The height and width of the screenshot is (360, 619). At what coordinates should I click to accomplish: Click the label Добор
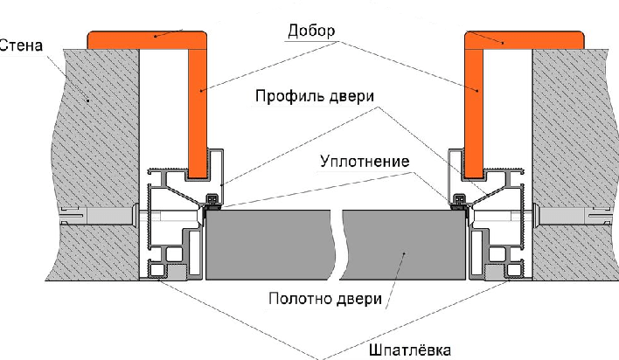(x=311, y=31)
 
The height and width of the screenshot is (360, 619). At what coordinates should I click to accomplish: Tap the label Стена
(x=21, y=45)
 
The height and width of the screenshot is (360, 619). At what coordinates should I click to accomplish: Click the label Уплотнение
(x=365, y=162)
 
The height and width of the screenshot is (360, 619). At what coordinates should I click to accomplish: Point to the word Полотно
(x=301, y=299)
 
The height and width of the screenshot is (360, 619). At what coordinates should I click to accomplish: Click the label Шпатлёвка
(x=410, y=350)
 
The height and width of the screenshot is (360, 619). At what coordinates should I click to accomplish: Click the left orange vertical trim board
(x=198, y=114)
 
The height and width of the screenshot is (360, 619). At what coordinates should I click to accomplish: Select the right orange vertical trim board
(x=474, y=114)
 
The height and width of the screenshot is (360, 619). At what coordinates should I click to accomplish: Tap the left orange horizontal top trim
(x=147, y=40)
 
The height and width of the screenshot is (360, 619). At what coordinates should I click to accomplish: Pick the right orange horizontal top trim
(x=525, y=40)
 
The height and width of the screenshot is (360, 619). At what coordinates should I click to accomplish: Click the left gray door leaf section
(x=268, y=245)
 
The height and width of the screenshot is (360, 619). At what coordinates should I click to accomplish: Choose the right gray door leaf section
(x=403, y=245)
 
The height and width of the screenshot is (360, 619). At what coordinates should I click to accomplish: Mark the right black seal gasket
(x=460, y=200)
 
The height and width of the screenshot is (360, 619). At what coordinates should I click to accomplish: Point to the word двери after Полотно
(x=359, y=299)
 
